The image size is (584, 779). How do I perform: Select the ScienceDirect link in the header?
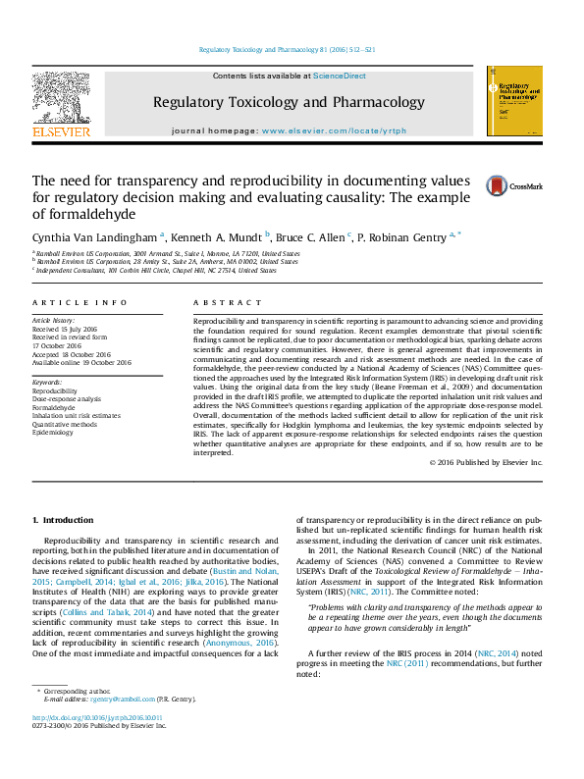339,75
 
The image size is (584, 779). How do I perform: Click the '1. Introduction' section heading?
62,519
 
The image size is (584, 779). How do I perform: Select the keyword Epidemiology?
55,432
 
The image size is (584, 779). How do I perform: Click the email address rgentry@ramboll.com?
117,727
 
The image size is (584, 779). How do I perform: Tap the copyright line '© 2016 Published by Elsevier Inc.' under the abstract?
486,461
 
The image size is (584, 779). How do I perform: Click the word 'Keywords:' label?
48,390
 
